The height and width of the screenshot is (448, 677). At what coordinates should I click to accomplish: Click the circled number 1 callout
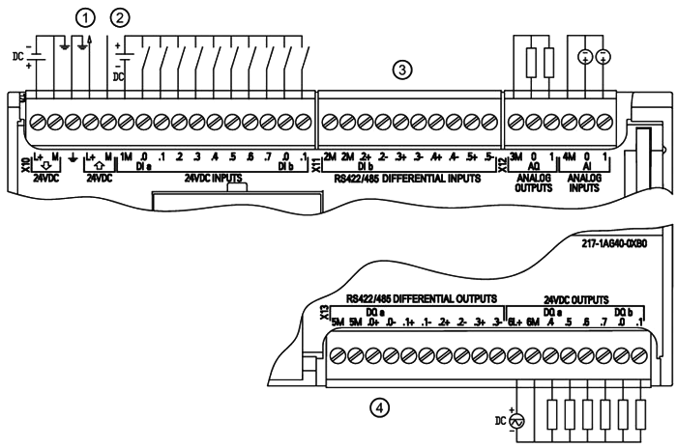86,15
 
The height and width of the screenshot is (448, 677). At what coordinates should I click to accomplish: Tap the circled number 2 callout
120,15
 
